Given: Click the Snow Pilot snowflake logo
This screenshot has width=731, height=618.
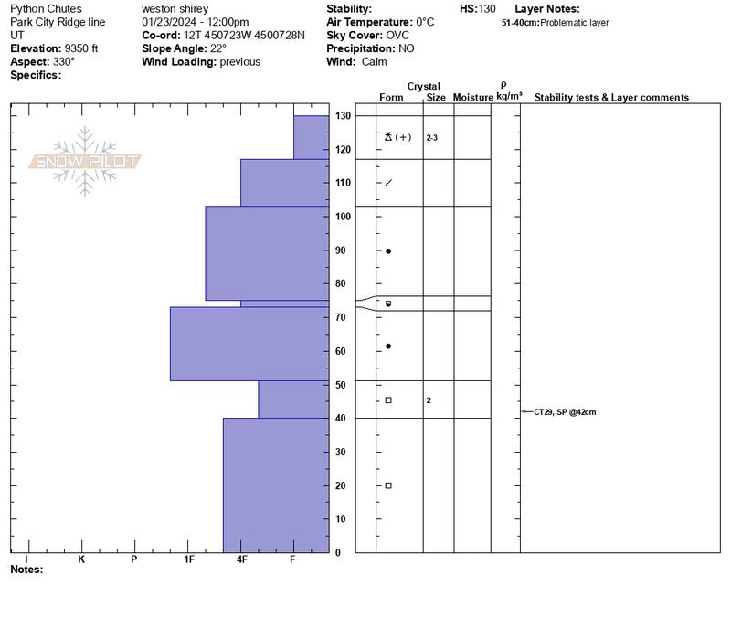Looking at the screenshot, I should [85, 162].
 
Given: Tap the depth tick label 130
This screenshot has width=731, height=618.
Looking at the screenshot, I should [343, 116].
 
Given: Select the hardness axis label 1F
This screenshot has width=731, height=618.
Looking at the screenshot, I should [190, 559].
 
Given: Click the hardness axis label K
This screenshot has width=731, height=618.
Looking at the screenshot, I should [81, 559].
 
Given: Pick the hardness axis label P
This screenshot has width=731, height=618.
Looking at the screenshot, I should [134, 559].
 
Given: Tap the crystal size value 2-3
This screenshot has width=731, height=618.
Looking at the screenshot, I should [432, 138].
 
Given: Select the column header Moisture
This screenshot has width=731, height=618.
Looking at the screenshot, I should [472, 97].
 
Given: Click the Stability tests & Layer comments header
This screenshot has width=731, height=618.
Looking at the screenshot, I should [611, 97].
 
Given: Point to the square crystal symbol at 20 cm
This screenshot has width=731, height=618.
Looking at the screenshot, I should [388, 485].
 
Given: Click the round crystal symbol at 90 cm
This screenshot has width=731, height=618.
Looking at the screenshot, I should [388, 250].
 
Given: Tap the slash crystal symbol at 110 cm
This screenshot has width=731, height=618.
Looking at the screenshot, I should [388, 183].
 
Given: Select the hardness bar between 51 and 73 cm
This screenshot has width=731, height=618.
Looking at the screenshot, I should [249, 344].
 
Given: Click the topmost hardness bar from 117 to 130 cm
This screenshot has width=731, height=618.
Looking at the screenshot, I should [311, 137].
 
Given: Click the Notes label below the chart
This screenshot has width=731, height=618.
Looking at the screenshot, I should [26, 570].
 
